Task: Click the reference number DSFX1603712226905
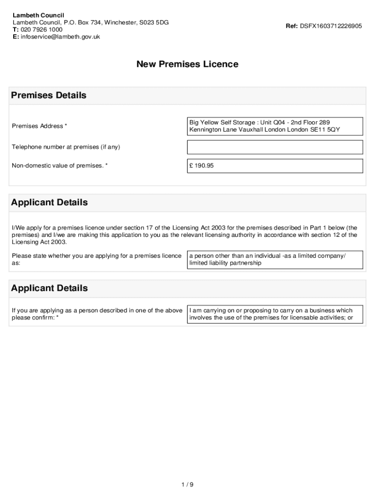331,26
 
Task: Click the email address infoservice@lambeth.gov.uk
60,37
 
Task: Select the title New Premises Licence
187,64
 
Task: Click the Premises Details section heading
49,96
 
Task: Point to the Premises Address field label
39,126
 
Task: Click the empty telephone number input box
275,147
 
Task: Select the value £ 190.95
202,166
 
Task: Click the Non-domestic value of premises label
59,166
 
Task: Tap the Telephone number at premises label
66,147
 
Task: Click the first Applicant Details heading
49,202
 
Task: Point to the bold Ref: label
292,26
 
